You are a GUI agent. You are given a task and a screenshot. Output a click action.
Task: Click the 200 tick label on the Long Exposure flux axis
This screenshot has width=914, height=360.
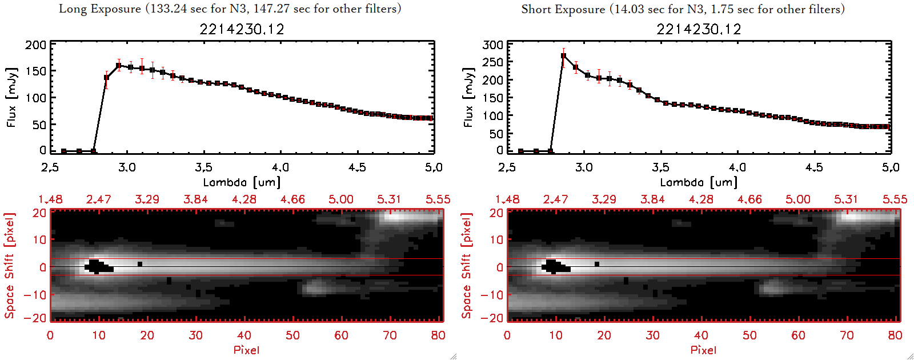pos(36,45)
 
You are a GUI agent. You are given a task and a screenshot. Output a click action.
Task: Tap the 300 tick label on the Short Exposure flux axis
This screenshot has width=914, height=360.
pos(493,45)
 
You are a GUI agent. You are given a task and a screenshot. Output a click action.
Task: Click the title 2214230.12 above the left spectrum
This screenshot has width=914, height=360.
pos(242,29)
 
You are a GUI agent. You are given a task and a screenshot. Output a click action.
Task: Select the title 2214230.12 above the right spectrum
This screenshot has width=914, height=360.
pos(699,29)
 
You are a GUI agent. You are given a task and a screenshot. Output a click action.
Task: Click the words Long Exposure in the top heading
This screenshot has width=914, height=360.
pos(100,9)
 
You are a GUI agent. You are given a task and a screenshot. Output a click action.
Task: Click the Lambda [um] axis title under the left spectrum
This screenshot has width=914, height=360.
pos(242,182)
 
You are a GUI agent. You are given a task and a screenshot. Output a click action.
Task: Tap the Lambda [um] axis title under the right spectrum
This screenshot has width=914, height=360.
pos(699,182)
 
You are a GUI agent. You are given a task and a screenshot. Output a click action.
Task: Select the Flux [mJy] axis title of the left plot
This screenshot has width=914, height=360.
pos(12,97)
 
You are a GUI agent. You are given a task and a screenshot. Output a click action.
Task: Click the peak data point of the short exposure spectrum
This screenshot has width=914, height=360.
pos(564,56)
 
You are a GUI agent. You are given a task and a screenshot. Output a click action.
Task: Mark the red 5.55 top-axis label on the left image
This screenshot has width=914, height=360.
pos(438,199)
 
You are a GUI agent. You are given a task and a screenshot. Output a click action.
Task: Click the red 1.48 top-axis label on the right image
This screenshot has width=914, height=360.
pos(507,199)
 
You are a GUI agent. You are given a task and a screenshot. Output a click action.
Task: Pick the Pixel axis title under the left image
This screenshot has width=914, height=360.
pos(246,350)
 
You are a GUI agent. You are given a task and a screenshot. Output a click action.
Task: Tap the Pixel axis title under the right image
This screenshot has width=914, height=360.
pos(703,350)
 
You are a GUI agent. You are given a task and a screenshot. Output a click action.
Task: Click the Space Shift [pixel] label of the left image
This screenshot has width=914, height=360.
pos(9,266)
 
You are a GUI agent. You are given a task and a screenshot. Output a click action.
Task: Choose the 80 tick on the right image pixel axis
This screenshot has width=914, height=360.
pos(895,335)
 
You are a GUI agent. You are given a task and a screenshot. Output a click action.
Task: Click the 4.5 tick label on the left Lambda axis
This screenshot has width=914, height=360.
pos(357,167)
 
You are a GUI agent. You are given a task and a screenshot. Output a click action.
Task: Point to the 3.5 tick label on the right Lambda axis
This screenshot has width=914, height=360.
pos(660,167)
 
